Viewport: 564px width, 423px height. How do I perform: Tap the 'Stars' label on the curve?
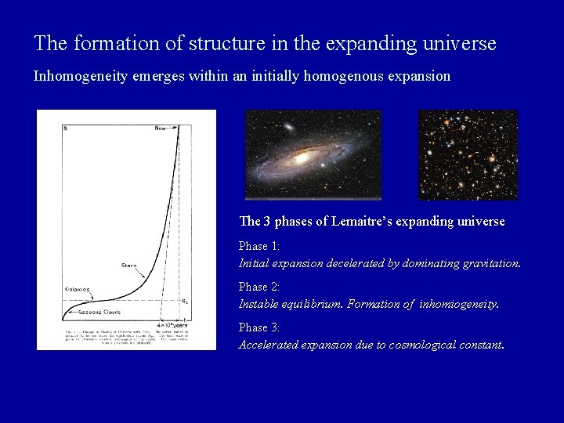pos(128,266)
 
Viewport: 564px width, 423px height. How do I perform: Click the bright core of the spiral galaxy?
pos(301,157)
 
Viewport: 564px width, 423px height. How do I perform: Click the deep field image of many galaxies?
pos(468,154)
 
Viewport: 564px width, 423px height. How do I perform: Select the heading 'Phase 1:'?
pos(259,246)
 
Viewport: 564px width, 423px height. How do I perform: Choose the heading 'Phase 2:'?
pos(259,287)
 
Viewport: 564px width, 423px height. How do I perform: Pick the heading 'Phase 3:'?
pos(259,327)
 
